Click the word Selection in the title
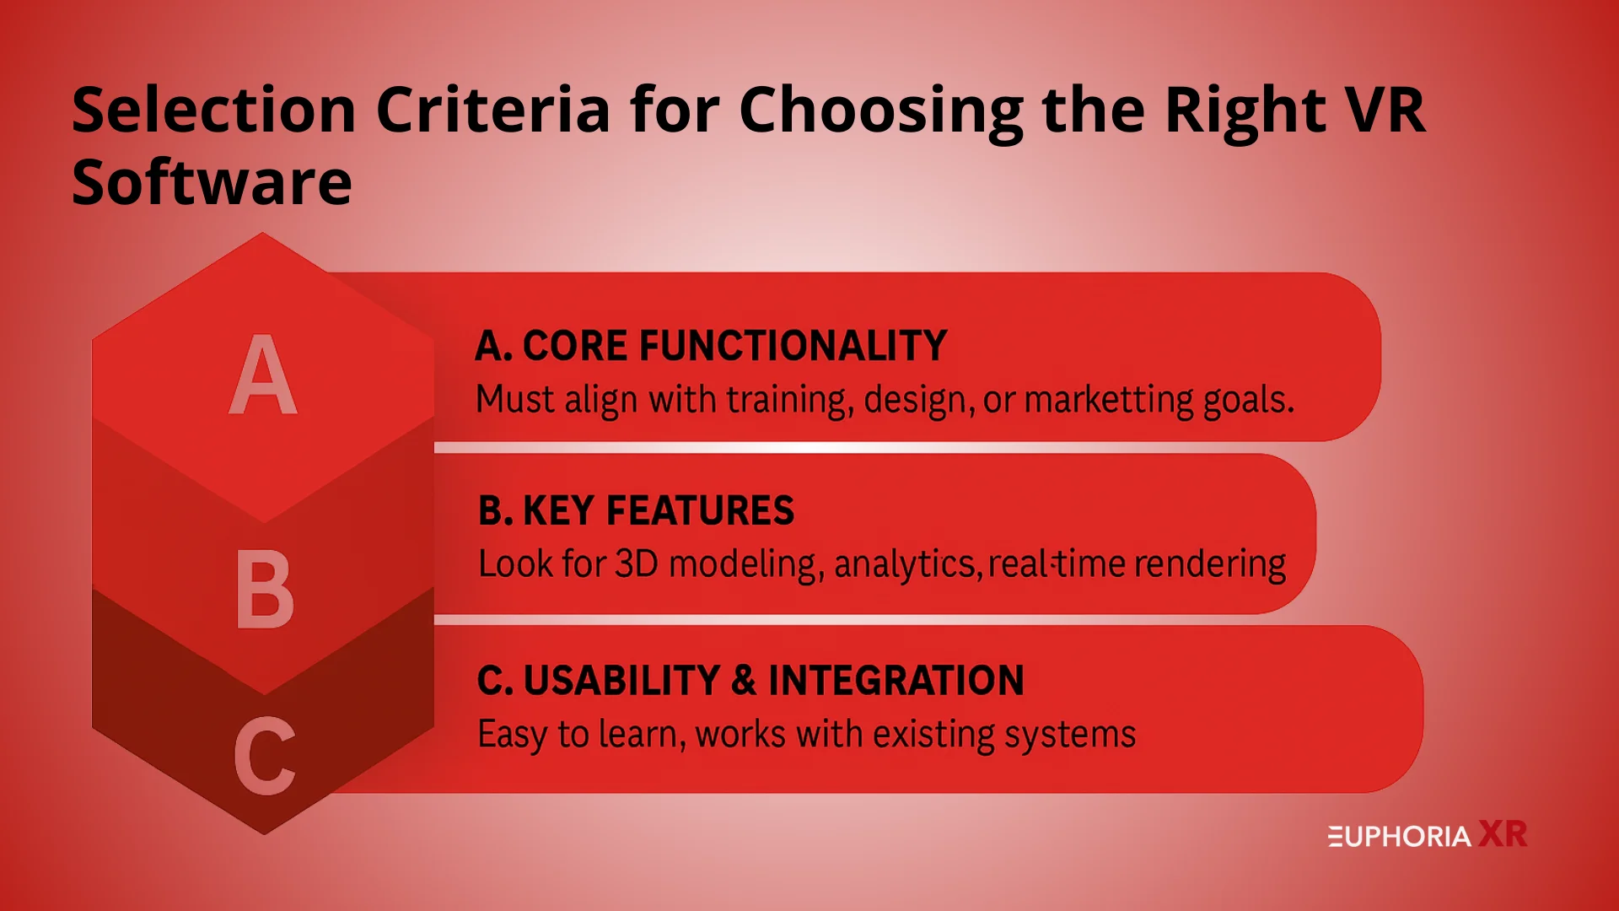coord(214,110)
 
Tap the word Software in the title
coord(212,182)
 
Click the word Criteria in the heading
coord(492,110)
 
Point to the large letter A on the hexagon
coord(263,374)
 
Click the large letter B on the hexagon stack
coord(265,589)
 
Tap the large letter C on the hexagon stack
coord(265,756)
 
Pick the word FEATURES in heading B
coord(700,511)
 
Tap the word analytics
coord(908,565)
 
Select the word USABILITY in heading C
coord(621,681)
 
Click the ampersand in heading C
coord(744,681)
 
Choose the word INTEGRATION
coord(896,681)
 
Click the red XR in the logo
coord(1503,834)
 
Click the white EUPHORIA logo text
coord(1400,837)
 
